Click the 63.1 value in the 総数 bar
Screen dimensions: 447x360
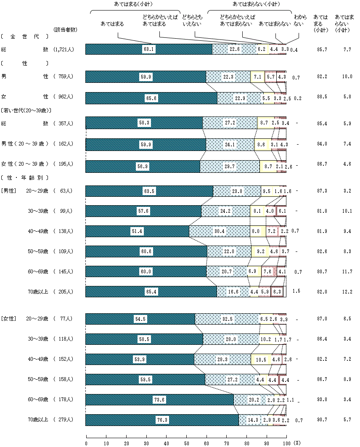click(x=149, y=49)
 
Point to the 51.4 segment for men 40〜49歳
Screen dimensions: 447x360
click(x=137, y=231)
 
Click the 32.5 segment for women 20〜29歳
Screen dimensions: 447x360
click(x=228, y=320)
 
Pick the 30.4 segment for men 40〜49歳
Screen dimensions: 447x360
click(x=219, y=231)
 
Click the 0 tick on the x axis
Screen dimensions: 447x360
click(x=86, y=443)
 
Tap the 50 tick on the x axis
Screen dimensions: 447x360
click(x=186, y=443)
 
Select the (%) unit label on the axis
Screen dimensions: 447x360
click(x=297, y=443)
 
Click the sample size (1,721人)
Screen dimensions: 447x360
click(x=64, y=50)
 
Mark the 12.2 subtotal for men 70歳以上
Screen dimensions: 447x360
click(x=347, y=291)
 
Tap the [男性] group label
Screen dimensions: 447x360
click(x=8, y=190)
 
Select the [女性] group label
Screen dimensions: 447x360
click(x=8, y=319)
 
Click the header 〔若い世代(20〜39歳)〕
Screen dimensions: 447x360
click(x=26, y=111)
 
